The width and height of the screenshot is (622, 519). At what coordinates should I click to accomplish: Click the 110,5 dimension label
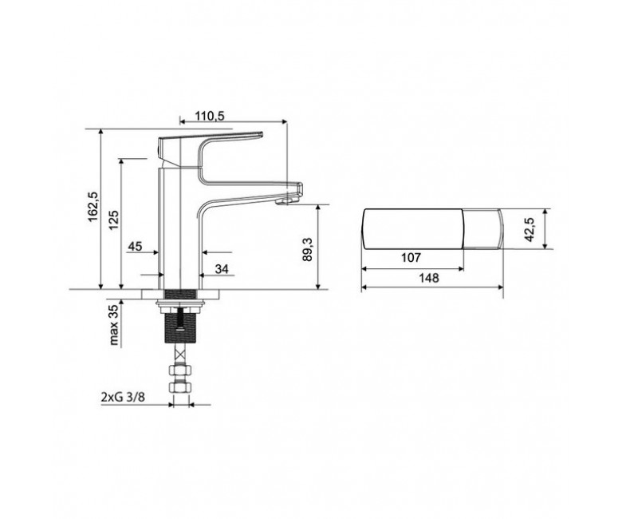pos(210,116)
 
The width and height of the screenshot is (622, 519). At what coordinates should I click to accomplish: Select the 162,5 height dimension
pos(94,207)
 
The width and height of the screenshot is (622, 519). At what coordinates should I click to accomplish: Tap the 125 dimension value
pos(114,220)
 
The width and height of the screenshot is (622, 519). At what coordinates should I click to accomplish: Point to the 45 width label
pos(135,246)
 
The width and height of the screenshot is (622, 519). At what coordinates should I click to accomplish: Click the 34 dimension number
pos(222,269)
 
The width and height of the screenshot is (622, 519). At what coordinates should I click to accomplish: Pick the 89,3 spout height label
pos(309,249)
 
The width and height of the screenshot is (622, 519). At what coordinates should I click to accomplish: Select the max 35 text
pos(114,325)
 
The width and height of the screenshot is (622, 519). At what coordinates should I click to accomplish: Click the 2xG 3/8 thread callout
pos(122,397)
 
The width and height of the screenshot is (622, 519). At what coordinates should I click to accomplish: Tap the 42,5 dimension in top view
pos(530,229)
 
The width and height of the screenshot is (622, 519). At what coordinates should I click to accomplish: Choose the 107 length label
pos(411,258)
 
